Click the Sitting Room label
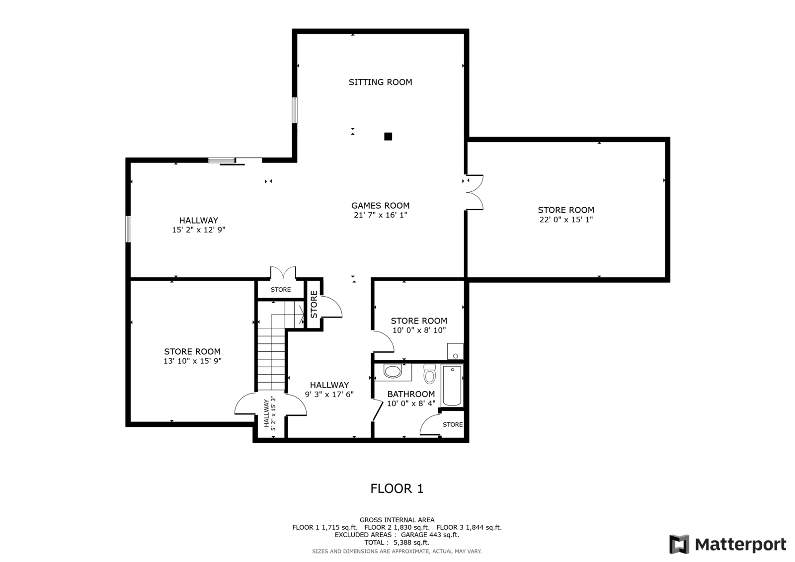point(380,82)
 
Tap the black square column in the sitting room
point(388,136)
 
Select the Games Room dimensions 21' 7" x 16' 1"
point(380,215)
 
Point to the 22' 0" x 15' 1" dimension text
point(566,219)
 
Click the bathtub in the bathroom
point(452,386)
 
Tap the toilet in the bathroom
point(429,375)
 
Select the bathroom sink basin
point(393,371)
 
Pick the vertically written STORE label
point(314,304)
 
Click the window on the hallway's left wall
point(128,229)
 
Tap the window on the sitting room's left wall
point(295,110)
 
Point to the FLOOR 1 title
point(397,488)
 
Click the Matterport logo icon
point(679,544)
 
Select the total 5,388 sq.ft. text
point(397,543)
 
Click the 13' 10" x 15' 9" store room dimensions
point(192,361)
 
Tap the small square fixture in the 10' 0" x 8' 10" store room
point(455,351)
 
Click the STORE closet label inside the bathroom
point(453,424)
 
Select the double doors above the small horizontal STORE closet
point(283,273)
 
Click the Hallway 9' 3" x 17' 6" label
point(329,390)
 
